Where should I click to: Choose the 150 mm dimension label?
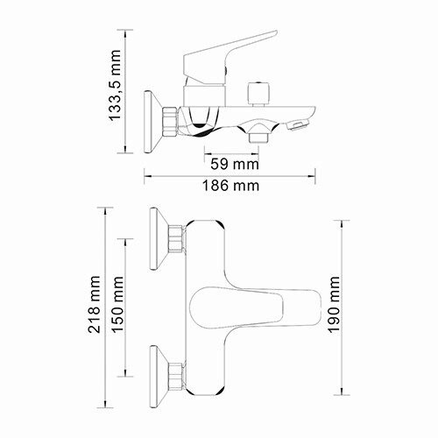(x=115, y=305)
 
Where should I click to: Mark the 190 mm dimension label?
(x=334, y=302)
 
